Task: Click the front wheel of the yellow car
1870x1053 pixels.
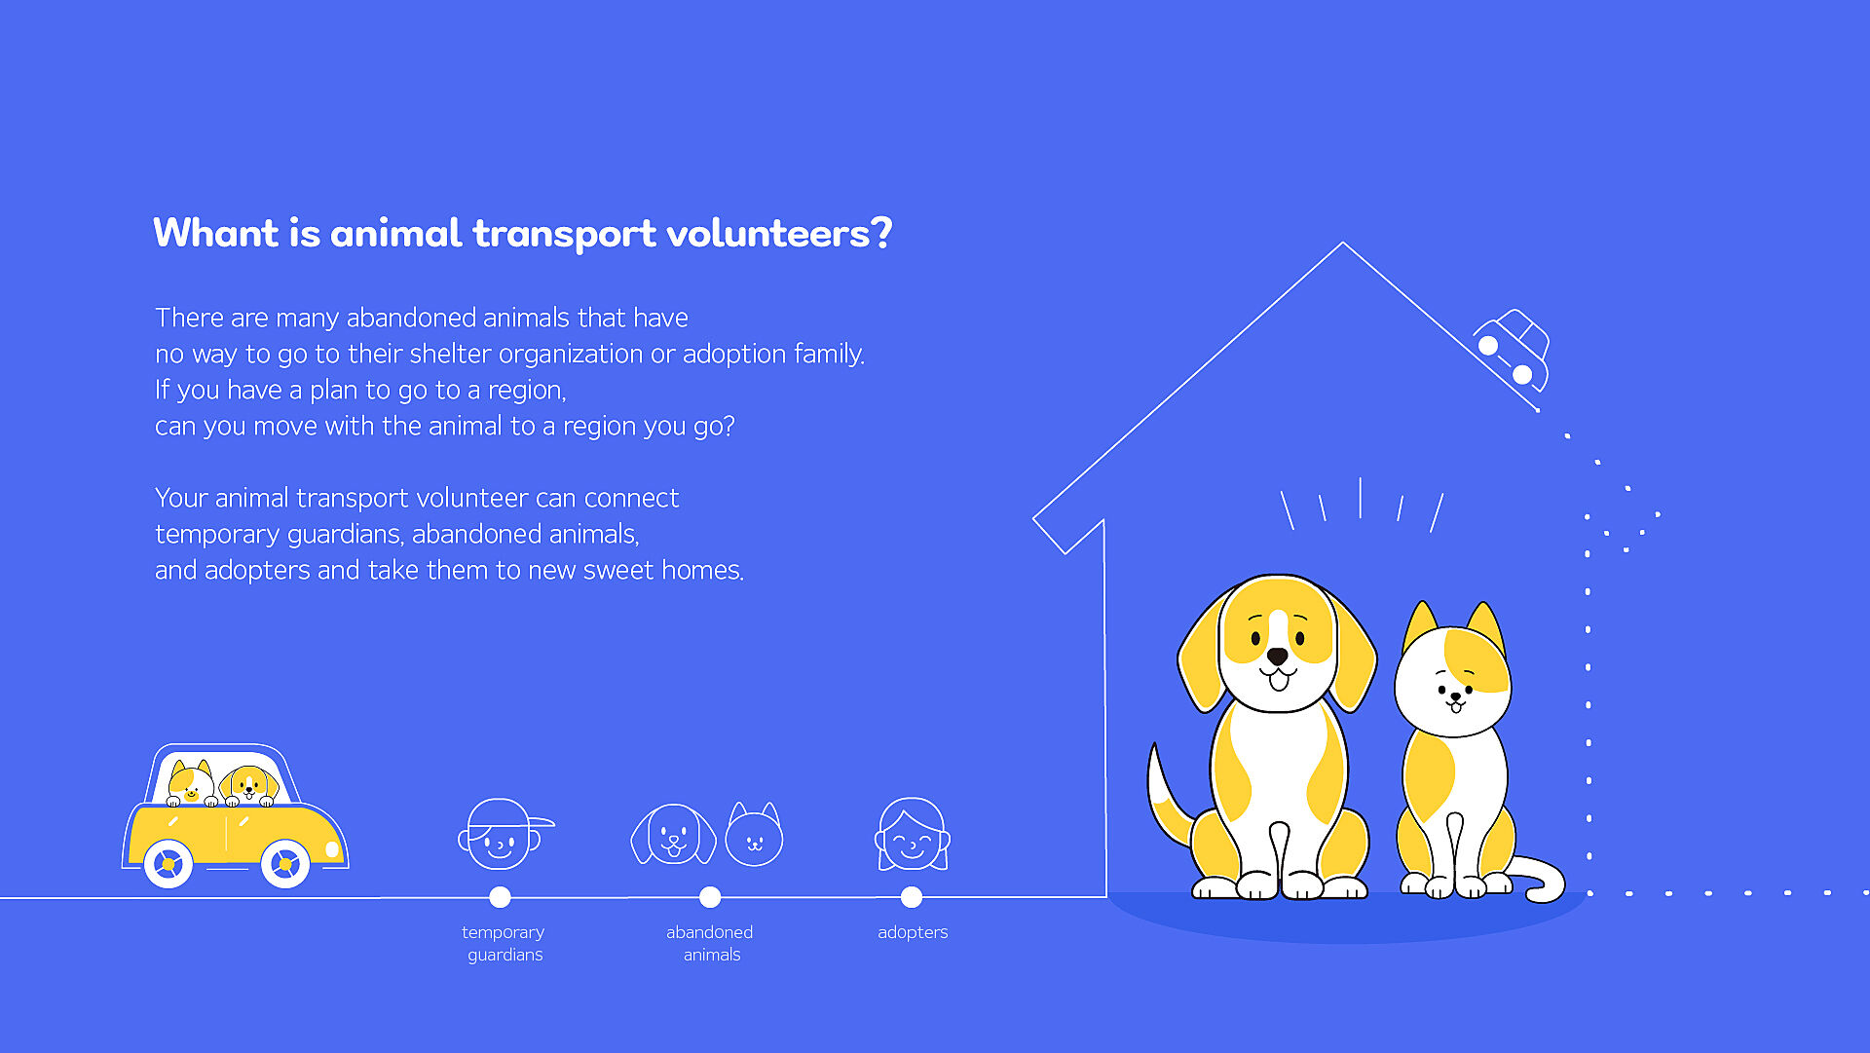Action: (x=285, y=863)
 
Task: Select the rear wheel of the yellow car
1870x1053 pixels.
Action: (x=168, y=863)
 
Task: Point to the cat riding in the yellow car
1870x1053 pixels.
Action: (x=191, y=783)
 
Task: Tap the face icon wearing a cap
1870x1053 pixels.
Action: (x=504, y=834)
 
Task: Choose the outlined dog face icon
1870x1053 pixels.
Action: (x=673, y=834)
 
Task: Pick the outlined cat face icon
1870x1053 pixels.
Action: (x=755, y=835)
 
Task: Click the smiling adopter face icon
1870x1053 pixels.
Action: (x=912, y=835)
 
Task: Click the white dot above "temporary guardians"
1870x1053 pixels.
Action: (x=500, y=897)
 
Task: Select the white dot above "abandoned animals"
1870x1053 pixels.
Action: (x=710, y=897)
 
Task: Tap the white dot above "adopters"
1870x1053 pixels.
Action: (x=912, y=897)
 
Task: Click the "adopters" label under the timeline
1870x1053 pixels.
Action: (x=913, y=932)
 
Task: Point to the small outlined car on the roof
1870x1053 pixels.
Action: (x=1512, y=350)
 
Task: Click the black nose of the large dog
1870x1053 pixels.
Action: (x=1278, y=657)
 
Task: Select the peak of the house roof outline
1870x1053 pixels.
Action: (x=1343, y=243)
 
